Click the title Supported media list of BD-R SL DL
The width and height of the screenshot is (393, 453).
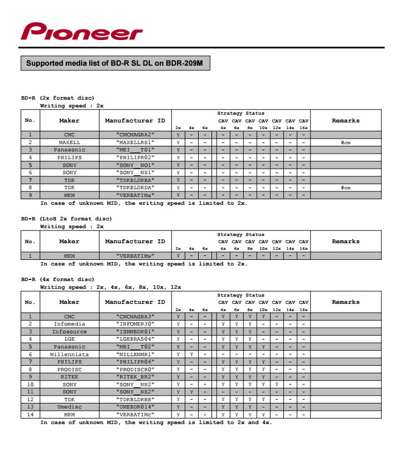tap(115, 63)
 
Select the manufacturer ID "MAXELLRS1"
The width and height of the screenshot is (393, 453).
tap(135, 142)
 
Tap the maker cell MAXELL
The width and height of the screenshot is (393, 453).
tap(70, 142)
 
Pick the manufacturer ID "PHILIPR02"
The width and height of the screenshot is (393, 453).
tap(135, 157)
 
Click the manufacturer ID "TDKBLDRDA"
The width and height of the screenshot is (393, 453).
tap(135, 188)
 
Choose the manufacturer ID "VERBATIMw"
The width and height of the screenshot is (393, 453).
tap(135, 255)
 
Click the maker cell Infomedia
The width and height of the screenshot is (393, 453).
tap(70, 324)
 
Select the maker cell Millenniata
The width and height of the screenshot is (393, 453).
tap(70, 354)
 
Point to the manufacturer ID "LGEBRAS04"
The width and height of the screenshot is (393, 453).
tap(135, 339)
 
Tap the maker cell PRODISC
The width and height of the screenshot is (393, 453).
tap(70, 369)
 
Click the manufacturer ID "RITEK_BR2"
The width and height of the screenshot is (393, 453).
tap(135, 377)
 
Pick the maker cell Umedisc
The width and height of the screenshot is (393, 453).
tap(70, 407)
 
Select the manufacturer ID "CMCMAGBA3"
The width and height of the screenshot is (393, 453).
tap(135, 316)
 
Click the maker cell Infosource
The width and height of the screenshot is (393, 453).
tap(70, 331)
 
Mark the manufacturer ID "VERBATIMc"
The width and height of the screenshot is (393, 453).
tap(135, 415)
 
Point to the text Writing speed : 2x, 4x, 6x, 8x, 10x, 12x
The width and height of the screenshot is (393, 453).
tap(110, 287)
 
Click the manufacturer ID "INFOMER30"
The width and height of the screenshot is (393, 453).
tap(135, 324)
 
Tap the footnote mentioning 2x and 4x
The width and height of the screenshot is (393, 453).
tap(156, 422)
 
